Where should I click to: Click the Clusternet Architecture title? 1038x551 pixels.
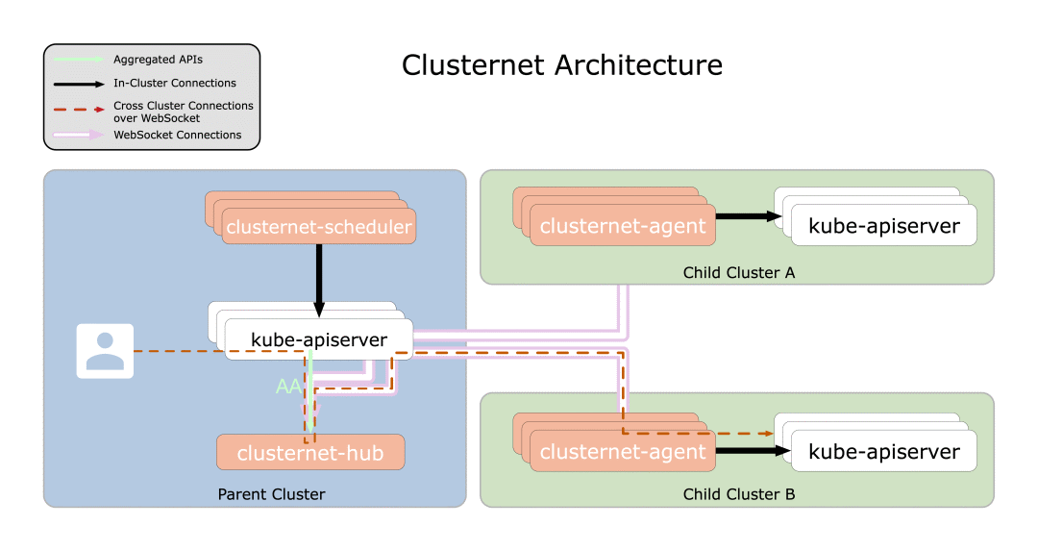pos(561,65)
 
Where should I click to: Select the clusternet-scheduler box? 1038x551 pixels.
pos(318,228)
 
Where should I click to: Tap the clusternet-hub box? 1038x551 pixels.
pos(310,453)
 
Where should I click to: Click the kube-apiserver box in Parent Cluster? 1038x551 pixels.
pos(319,339)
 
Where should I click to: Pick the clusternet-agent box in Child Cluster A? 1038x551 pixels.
pos(623,227)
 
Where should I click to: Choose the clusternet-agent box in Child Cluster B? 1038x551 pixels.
pos(623,452)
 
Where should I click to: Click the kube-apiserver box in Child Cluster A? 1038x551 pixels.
pos(883,226)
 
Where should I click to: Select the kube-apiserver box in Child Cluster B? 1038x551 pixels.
pos(883,452)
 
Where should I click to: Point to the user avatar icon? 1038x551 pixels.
pos(105,351)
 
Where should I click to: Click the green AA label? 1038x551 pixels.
pos(288,387)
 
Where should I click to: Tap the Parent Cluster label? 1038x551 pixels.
pos(271,494)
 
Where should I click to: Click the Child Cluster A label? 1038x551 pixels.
pos(738,273)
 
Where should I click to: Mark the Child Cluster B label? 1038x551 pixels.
pos(738,495)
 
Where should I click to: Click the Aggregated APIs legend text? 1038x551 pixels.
pos(158,60)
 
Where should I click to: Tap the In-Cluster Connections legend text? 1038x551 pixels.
pos(174,84)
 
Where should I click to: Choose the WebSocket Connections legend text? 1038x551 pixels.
pos(177,135)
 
